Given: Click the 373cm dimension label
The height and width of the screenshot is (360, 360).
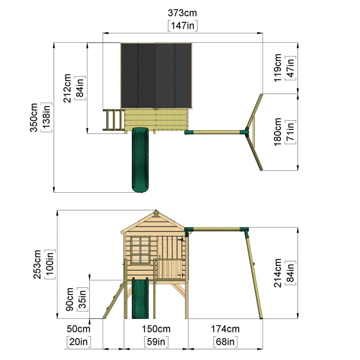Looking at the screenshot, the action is (x=182, y=13).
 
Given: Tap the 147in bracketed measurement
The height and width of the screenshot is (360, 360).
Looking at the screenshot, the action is (x=182, y=25).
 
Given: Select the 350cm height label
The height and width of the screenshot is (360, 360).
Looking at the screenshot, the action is (x=34, y=117).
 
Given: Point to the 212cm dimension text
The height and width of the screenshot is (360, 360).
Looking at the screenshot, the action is (x=67, y=88).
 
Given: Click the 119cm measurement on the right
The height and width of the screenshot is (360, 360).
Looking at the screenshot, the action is (x=278, y=68).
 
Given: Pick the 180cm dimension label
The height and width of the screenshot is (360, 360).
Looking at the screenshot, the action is (x=278, y=132).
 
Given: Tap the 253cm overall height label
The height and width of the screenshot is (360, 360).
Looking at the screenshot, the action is (x=37, y=264).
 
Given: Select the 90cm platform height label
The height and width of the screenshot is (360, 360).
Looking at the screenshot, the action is (x=70, y=300).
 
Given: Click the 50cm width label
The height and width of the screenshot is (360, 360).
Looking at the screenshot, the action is (x=78, y=329).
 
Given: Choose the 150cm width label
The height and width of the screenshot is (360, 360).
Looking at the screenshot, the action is (x=156, y=329).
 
